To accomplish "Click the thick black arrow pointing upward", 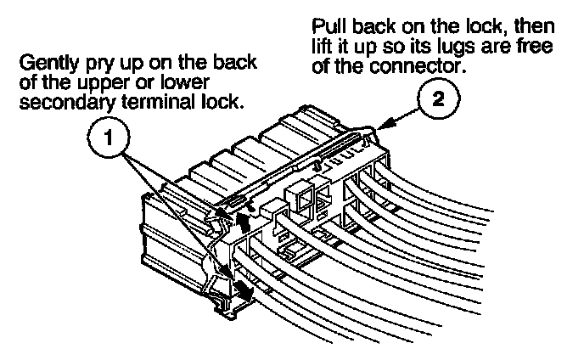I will (x=246, y=222).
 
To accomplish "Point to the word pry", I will (x=100, y=65).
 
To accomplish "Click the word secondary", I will (x=61, y=103).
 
